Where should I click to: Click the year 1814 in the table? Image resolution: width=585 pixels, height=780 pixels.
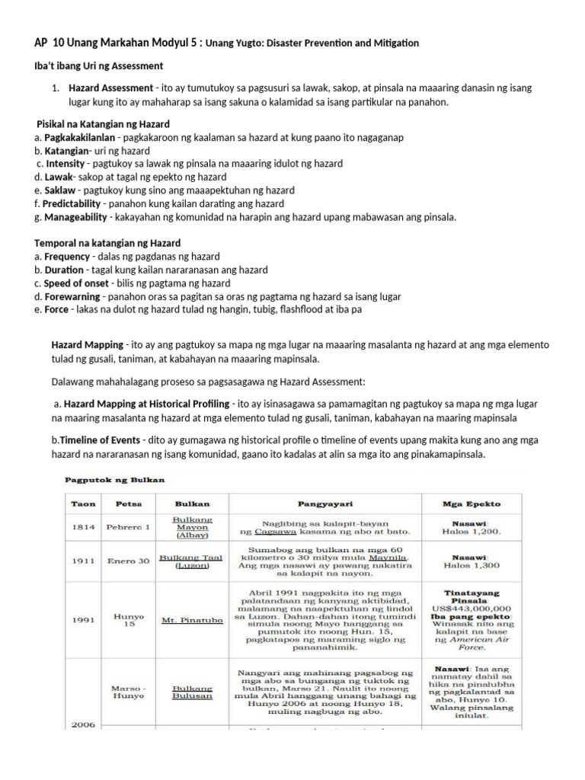point(83,527)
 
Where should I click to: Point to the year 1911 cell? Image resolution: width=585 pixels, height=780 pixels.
point(83,561)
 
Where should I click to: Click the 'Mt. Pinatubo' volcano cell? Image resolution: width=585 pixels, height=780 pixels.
point(192,620)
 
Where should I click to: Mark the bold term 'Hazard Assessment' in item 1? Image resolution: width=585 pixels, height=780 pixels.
point(110,88)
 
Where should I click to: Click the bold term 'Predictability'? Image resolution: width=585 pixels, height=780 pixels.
point(70,204)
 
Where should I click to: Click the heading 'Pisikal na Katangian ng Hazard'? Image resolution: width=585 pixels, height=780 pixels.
point(103,124)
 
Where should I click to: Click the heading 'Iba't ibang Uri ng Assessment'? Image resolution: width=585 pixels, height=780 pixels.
point(99,66)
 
